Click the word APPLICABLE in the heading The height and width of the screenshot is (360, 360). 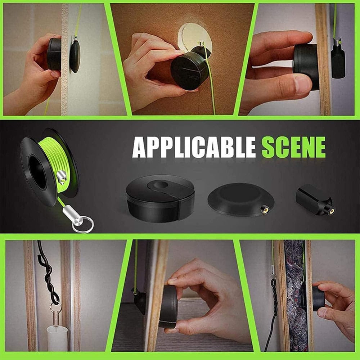194,147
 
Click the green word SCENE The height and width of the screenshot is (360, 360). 294,147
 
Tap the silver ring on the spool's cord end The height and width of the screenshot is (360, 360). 83,225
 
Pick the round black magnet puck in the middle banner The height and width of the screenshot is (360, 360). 160,198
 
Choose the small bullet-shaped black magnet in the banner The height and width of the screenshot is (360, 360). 315,200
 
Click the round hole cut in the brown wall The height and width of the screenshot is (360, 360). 195,38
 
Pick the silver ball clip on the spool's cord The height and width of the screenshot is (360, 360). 61,177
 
